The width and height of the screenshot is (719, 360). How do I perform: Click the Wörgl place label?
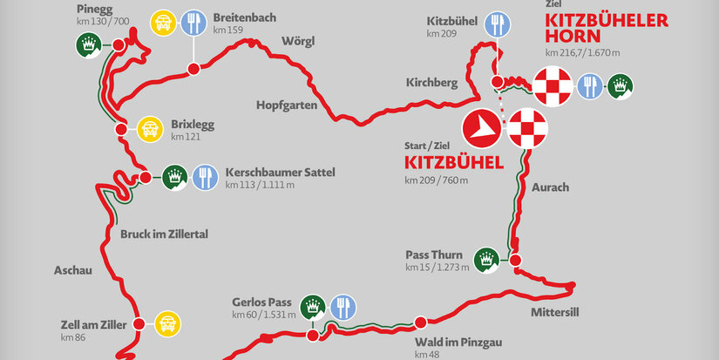[297, 41]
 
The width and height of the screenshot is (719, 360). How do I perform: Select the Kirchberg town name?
[431, 83]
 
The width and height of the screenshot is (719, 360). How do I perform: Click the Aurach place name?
[549, 187]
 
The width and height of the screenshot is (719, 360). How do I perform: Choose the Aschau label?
[73, 269]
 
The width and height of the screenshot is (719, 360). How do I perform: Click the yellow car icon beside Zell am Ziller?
[166, 325]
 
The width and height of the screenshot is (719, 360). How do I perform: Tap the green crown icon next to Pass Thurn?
[486, 258]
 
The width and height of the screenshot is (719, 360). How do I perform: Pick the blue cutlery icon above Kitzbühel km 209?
[497, 23]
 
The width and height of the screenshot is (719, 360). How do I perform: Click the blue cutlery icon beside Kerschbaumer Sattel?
[205, 177]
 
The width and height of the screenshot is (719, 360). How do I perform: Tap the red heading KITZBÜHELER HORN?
[606, 29]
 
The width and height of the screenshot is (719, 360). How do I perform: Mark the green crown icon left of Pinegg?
[88, 44]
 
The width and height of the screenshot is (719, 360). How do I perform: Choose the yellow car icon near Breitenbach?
[162, 23]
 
